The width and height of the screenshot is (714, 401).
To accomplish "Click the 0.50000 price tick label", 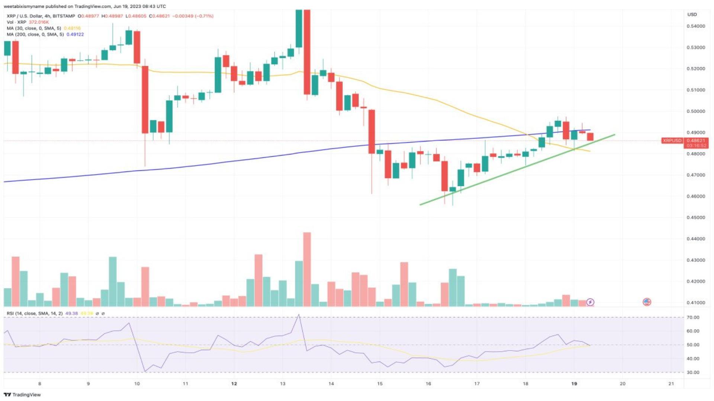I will [695, 111].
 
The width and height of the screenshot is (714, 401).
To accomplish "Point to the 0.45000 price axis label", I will [695, 218].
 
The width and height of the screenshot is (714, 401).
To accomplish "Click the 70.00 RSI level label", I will [693, 317].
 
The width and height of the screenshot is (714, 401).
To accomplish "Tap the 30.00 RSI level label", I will [693, 372].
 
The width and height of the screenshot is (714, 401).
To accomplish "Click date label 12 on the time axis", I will [234, 384].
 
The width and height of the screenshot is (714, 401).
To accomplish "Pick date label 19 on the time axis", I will [574, 384].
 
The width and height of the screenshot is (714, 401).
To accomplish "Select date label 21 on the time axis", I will [671, 384].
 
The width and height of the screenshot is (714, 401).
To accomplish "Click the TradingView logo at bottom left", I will [22, 395].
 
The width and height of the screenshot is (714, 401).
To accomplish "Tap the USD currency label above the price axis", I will [692, 14].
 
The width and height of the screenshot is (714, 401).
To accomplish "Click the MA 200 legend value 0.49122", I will [75, 35].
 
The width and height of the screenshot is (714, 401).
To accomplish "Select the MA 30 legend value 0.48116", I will [72, 28].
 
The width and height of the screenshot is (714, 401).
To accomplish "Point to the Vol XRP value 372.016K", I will [39, 22].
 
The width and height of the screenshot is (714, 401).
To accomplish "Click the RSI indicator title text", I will [35, 313].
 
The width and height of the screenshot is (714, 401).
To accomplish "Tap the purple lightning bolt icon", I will [590, 302].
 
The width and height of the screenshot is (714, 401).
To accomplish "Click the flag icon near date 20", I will [647, 302].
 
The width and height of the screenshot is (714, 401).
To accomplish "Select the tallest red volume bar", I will [307, 269].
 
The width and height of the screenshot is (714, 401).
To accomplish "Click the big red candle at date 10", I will [145, 100].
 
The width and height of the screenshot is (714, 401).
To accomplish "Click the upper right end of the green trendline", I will [614, 135].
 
